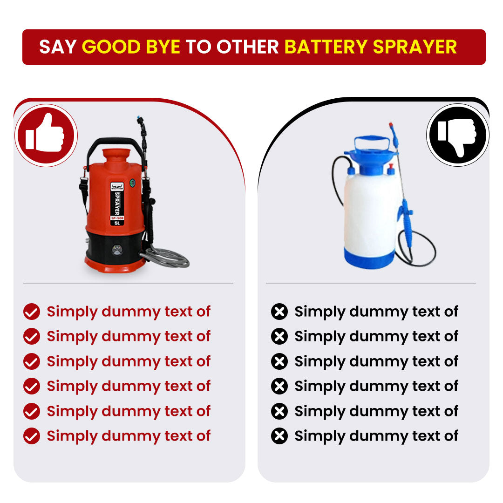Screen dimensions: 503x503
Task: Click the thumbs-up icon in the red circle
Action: coord(46,134)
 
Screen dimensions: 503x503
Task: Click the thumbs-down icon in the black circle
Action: coord(457,135)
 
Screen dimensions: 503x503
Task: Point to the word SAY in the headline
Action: coord(58,47)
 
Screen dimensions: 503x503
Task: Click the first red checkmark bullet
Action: coord(32,312)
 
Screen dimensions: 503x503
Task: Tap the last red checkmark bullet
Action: coord(32,436)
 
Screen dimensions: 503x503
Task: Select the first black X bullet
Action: coord(279,312)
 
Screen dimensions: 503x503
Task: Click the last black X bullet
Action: coord(279,436)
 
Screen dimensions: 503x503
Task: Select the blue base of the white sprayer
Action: coord(369,258)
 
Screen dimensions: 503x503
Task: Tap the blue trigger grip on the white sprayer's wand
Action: coord(406,224)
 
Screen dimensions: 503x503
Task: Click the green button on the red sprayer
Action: coord(133,183)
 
